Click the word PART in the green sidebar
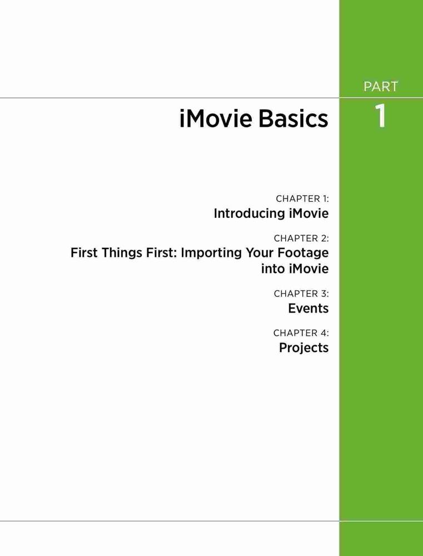click(381, 87)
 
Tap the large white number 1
click(380, 116)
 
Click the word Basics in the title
click(293, 119)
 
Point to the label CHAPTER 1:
click(302, 199)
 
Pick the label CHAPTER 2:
click(301, 239)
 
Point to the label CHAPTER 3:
click(301, 294)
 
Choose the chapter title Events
click(308, 309)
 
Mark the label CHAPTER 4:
click(301, 333)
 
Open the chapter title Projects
click(304, 348)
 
